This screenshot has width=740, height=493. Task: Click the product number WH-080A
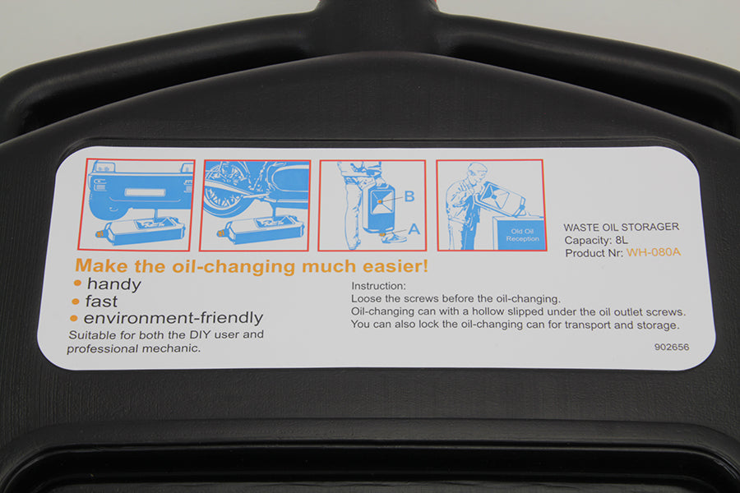653,252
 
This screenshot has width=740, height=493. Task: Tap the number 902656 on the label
671,347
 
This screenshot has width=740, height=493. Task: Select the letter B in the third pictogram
409,196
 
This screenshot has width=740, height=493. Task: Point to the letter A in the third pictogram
414,228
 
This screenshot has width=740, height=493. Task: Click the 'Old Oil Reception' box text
522,235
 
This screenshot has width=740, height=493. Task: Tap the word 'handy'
113,284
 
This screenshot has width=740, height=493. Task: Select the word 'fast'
101,301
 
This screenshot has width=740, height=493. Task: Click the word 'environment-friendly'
173,317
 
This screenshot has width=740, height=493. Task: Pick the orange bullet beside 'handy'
77,283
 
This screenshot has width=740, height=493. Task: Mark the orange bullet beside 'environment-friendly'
74,319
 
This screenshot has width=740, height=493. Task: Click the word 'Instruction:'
378,286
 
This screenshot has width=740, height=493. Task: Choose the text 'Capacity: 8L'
596,240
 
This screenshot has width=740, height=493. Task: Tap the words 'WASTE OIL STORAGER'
621,227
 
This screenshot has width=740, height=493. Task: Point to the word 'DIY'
200,334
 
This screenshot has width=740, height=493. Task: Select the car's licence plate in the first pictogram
145,192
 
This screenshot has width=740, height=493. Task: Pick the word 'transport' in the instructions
588,325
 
